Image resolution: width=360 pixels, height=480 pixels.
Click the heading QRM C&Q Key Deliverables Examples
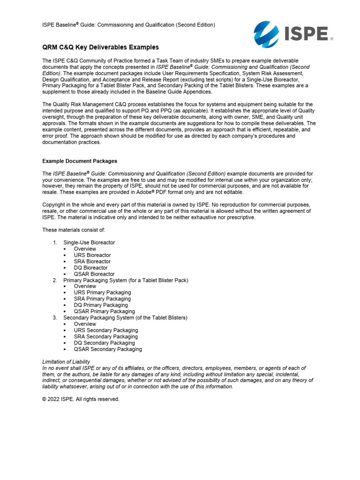pyautogui.click(x=100, y=47)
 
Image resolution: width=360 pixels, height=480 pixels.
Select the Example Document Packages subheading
pyautogui.click(x=80, y=161)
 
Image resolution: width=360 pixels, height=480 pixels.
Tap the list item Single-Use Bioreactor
pyautogui.click(x=89, y=242)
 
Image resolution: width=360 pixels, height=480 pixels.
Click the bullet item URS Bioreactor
pyautogui.click(x=92, y=255)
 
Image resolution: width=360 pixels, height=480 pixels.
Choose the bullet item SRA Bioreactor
pyautogui.click(x=92, y=261)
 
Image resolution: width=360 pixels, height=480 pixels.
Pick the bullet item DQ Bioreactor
pyautogui.click(x=91, y=268)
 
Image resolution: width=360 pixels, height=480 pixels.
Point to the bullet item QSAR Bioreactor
pyautogui.click(x=94, y=274)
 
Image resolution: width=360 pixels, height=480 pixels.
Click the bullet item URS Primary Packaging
pyautogui.click(x=102, y=292)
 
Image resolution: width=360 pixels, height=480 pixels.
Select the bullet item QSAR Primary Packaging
pyautogui.click(x=104, y=311)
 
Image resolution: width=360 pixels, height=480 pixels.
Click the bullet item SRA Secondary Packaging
pyautogui.click(x=106, y=337)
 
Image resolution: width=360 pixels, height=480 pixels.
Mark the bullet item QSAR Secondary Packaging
pyautogui.click(x=108, y=349)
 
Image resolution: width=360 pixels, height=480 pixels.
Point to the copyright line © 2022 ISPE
pyautogui.click(x=81, y=399)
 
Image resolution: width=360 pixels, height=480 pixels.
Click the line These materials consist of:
pyautogui.click(x=74, y=230)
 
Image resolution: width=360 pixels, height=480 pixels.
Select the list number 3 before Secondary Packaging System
pyautogui.click(x=55, y=318)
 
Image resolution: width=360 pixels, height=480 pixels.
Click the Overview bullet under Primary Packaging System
pyautogui.click(x=85, y=286)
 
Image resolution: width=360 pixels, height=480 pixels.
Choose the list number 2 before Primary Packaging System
pyautogui.click(x=55, y=280)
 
